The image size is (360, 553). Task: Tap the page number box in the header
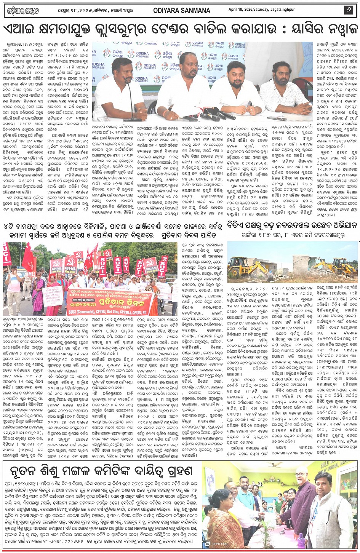coord(348,10)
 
